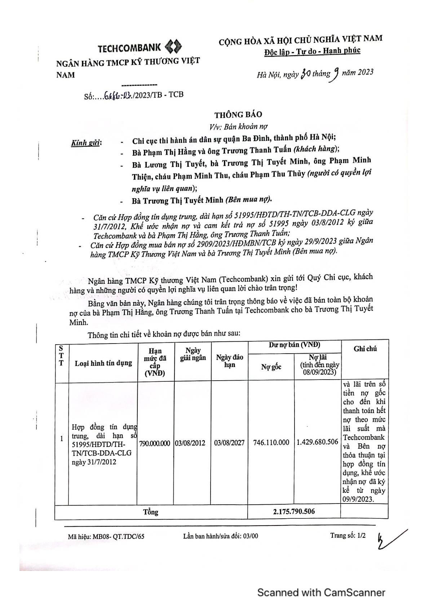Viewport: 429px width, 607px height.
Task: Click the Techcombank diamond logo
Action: (173, 47)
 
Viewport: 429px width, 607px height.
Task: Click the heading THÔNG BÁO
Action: (238, 115)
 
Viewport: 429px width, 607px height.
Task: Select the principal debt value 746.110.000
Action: (271, 442)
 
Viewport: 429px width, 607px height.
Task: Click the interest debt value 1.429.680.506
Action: (317, 442)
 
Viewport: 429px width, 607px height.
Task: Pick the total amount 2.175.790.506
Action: (294, 511)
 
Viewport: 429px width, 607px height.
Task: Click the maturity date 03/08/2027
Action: (229, 443)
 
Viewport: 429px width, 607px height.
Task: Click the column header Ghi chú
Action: (365, 349)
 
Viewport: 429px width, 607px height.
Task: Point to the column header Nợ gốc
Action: (271, 367)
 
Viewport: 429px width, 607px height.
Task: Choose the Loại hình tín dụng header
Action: (103, 363)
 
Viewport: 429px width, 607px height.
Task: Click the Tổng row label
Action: (151, 512)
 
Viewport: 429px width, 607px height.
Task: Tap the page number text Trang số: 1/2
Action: (348, 535)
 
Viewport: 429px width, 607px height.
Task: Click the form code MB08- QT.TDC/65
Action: (106, 536)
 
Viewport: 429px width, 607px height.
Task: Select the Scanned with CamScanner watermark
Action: (321, 592)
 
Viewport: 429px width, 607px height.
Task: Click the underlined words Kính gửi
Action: (87, 143)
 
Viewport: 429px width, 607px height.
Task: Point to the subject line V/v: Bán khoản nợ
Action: (238, 127)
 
